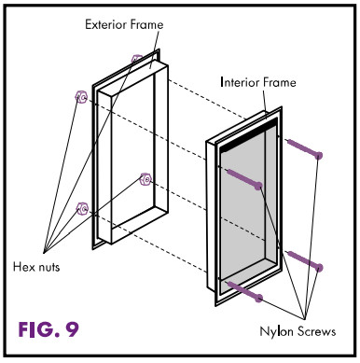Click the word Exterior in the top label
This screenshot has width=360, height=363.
[105, 24]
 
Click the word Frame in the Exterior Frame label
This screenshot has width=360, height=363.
[146, 24]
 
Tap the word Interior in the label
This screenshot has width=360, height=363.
[240, 82]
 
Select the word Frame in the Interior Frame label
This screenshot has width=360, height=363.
[280, 82]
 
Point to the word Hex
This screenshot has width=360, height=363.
[22, 267]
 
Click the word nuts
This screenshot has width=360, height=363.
[48, 268]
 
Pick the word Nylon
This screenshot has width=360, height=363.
[276, 331]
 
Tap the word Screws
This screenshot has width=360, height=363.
[316, 331]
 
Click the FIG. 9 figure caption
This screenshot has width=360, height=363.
[48, 329]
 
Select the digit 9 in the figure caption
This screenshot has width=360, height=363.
[72, 329]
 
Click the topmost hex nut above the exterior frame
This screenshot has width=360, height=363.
[136, 59]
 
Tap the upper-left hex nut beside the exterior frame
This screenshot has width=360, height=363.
[81, 97]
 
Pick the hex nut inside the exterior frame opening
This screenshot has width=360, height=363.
[145, 179]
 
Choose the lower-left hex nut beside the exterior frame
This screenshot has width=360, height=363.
[82, 208]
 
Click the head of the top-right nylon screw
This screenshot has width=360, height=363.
[318, 155]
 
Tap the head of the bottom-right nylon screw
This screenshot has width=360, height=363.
[319, 267]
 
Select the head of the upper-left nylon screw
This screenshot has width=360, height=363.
[258, 186]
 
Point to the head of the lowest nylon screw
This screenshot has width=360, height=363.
[258, 299]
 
